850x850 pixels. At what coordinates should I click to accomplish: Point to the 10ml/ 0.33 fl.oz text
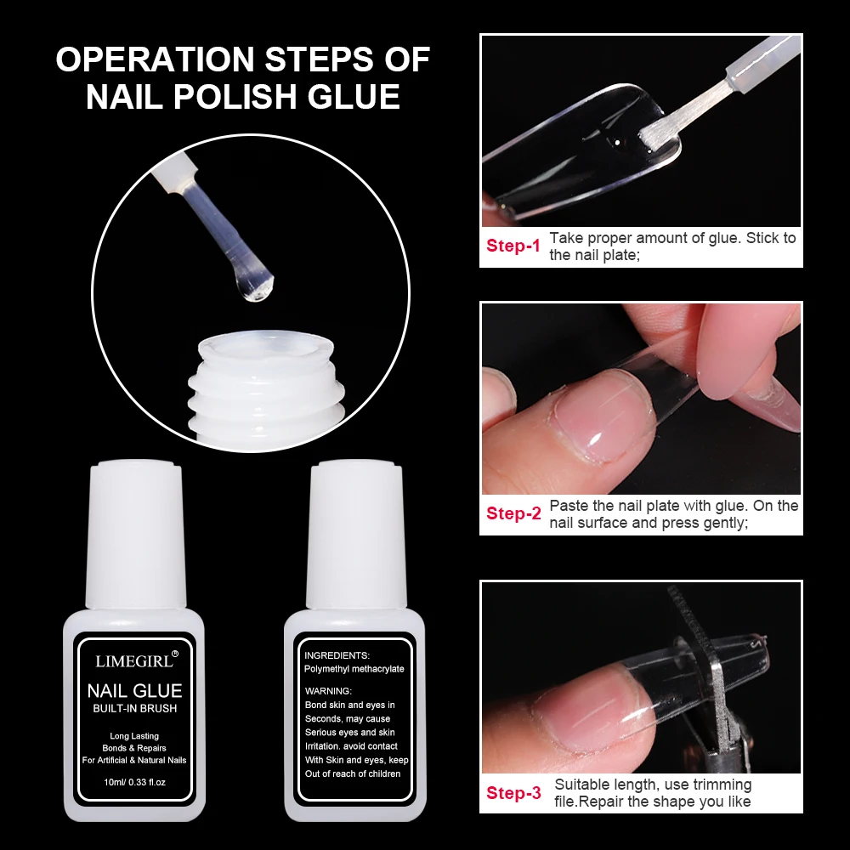pos(134,781)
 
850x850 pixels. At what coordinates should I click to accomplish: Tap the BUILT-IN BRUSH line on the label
pos(134,709)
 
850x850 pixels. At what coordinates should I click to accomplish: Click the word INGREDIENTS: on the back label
pos(337,655)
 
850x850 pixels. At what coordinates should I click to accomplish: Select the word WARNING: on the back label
pos(328,691)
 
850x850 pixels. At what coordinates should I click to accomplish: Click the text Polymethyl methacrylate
pos(354,669)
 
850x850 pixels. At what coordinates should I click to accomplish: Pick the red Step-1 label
pos(513,246)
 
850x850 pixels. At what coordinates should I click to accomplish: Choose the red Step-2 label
pos(513,513)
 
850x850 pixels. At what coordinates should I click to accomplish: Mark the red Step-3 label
pos(513,793)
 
